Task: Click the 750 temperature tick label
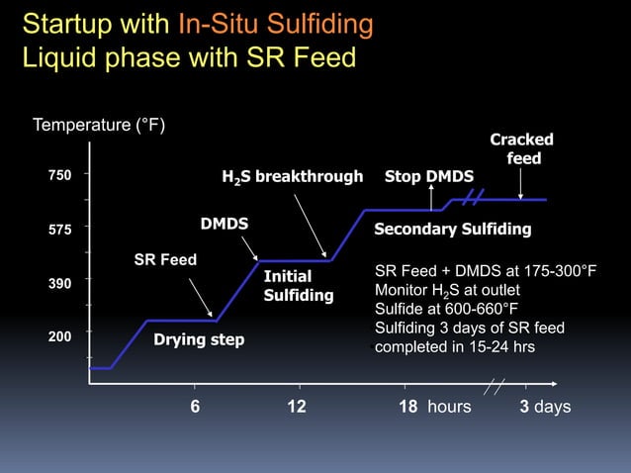[60, 175]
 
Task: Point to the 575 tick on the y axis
[60, 229]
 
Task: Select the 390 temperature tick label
[60, 284]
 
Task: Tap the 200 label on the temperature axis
[60, 336]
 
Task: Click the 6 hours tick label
[195, 407]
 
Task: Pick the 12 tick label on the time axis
[296, 407]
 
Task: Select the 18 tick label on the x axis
[408, 407]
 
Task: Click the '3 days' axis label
[545, 407]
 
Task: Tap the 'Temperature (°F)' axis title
[99, 126]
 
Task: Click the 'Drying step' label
[199, 340]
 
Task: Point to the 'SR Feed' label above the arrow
[165, 260]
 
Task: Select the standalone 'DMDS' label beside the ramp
[225, 225]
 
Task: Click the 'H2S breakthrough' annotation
[292, 177]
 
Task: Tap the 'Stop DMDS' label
[429, 177]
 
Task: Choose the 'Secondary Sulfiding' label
[453, 230]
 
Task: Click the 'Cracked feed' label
[521, 149]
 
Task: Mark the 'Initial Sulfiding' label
[298, 286]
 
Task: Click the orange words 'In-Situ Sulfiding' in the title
[276, 24]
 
